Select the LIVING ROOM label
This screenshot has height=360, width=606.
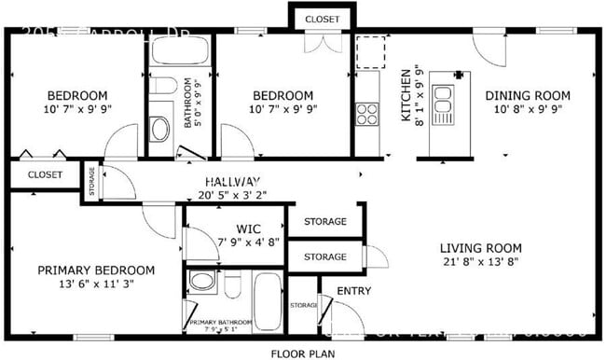(x=480, y=248)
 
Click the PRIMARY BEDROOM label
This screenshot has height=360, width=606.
(x=96, y=270)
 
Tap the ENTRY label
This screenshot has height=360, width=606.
(x=353, y=291)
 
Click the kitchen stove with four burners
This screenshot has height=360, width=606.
(x=367, y=114)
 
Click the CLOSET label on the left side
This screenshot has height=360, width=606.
(x=44, y=174)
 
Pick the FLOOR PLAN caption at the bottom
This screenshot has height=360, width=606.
(x=302, y=353)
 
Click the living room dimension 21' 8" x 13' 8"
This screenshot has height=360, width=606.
(x=480, y=263)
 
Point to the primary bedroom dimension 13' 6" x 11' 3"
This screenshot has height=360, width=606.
(x=96, y=284)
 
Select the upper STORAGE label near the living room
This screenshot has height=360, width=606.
(x=324, y=222)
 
